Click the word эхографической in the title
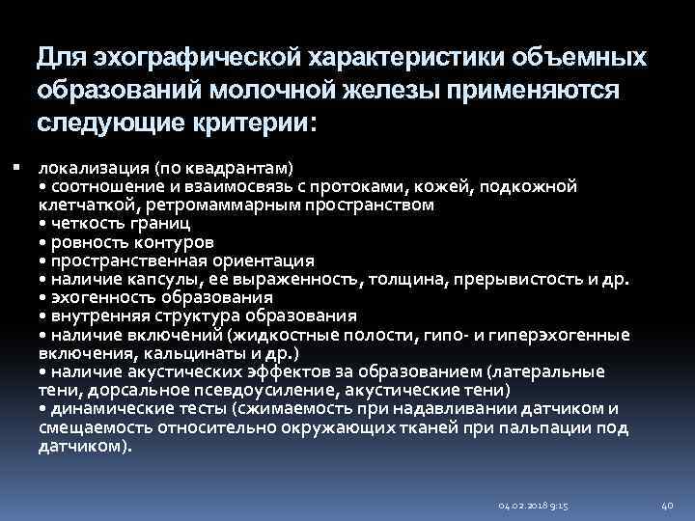[x=198, y=59]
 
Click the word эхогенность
[x=95, y=298]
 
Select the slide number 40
[x=666, y=504]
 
